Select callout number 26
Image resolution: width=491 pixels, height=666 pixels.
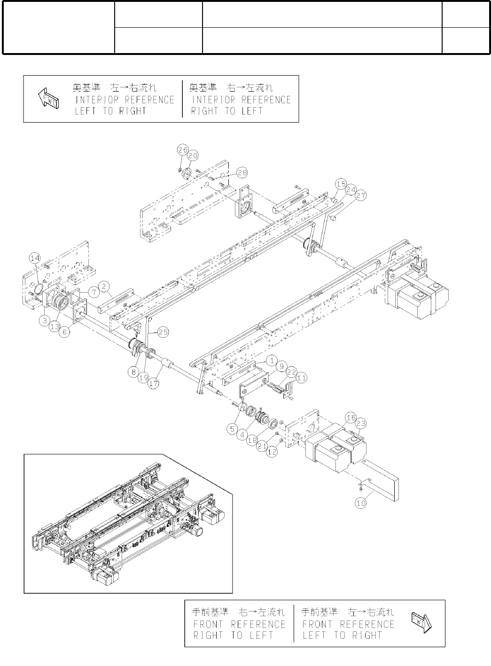[x=182, y=150]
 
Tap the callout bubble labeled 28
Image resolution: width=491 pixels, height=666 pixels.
[x=242, y=172]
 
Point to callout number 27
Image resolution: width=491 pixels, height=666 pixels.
[x=360, y=196]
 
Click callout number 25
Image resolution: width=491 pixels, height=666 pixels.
[x=163, y=332]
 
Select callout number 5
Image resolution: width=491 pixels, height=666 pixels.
[x=232, y=428]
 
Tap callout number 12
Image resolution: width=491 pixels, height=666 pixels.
[x=272, y=452]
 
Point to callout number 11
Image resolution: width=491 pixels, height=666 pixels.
[x=301, y=377]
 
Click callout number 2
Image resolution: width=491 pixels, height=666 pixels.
[x=105, y=286]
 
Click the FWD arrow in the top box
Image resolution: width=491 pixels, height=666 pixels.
[x=47, y=99]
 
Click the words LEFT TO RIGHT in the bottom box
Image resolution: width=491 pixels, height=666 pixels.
[x=342, y=635]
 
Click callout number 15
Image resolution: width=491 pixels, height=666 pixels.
[x=341, y=183]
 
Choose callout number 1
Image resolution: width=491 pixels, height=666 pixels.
[x=271, y=361]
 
